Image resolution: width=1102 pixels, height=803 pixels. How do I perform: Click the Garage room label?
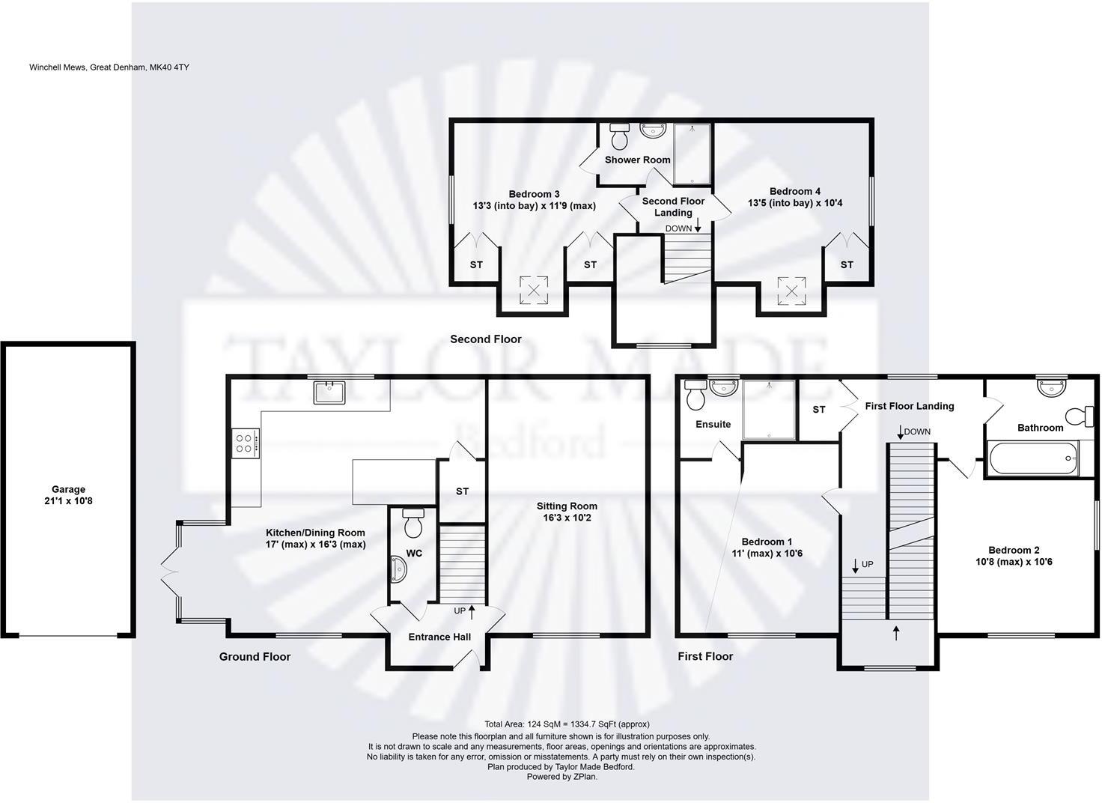(68, 489)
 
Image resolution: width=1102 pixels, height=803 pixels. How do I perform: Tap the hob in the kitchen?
(246, 442)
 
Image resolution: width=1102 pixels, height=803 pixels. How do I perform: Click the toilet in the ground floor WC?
(413, 523)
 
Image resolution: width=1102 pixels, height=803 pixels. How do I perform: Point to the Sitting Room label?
(567, 506)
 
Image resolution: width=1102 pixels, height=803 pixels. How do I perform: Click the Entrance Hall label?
(439, 637)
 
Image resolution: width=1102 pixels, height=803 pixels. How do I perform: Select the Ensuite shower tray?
(769, 409)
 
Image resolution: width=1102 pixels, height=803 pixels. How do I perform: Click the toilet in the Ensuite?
(695, 395)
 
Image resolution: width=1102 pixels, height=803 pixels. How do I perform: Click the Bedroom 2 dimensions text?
(1014, 562)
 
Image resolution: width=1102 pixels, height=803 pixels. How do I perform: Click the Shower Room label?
(637, 160)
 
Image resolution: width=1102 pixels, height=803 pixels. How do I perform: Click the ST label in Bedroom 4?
(846, 264)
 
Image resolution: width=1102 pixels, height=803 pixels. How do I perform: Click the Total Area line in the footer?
(567, 724)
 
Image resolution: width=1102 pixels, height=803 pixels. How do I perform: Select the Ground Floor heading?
(255, 657)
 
